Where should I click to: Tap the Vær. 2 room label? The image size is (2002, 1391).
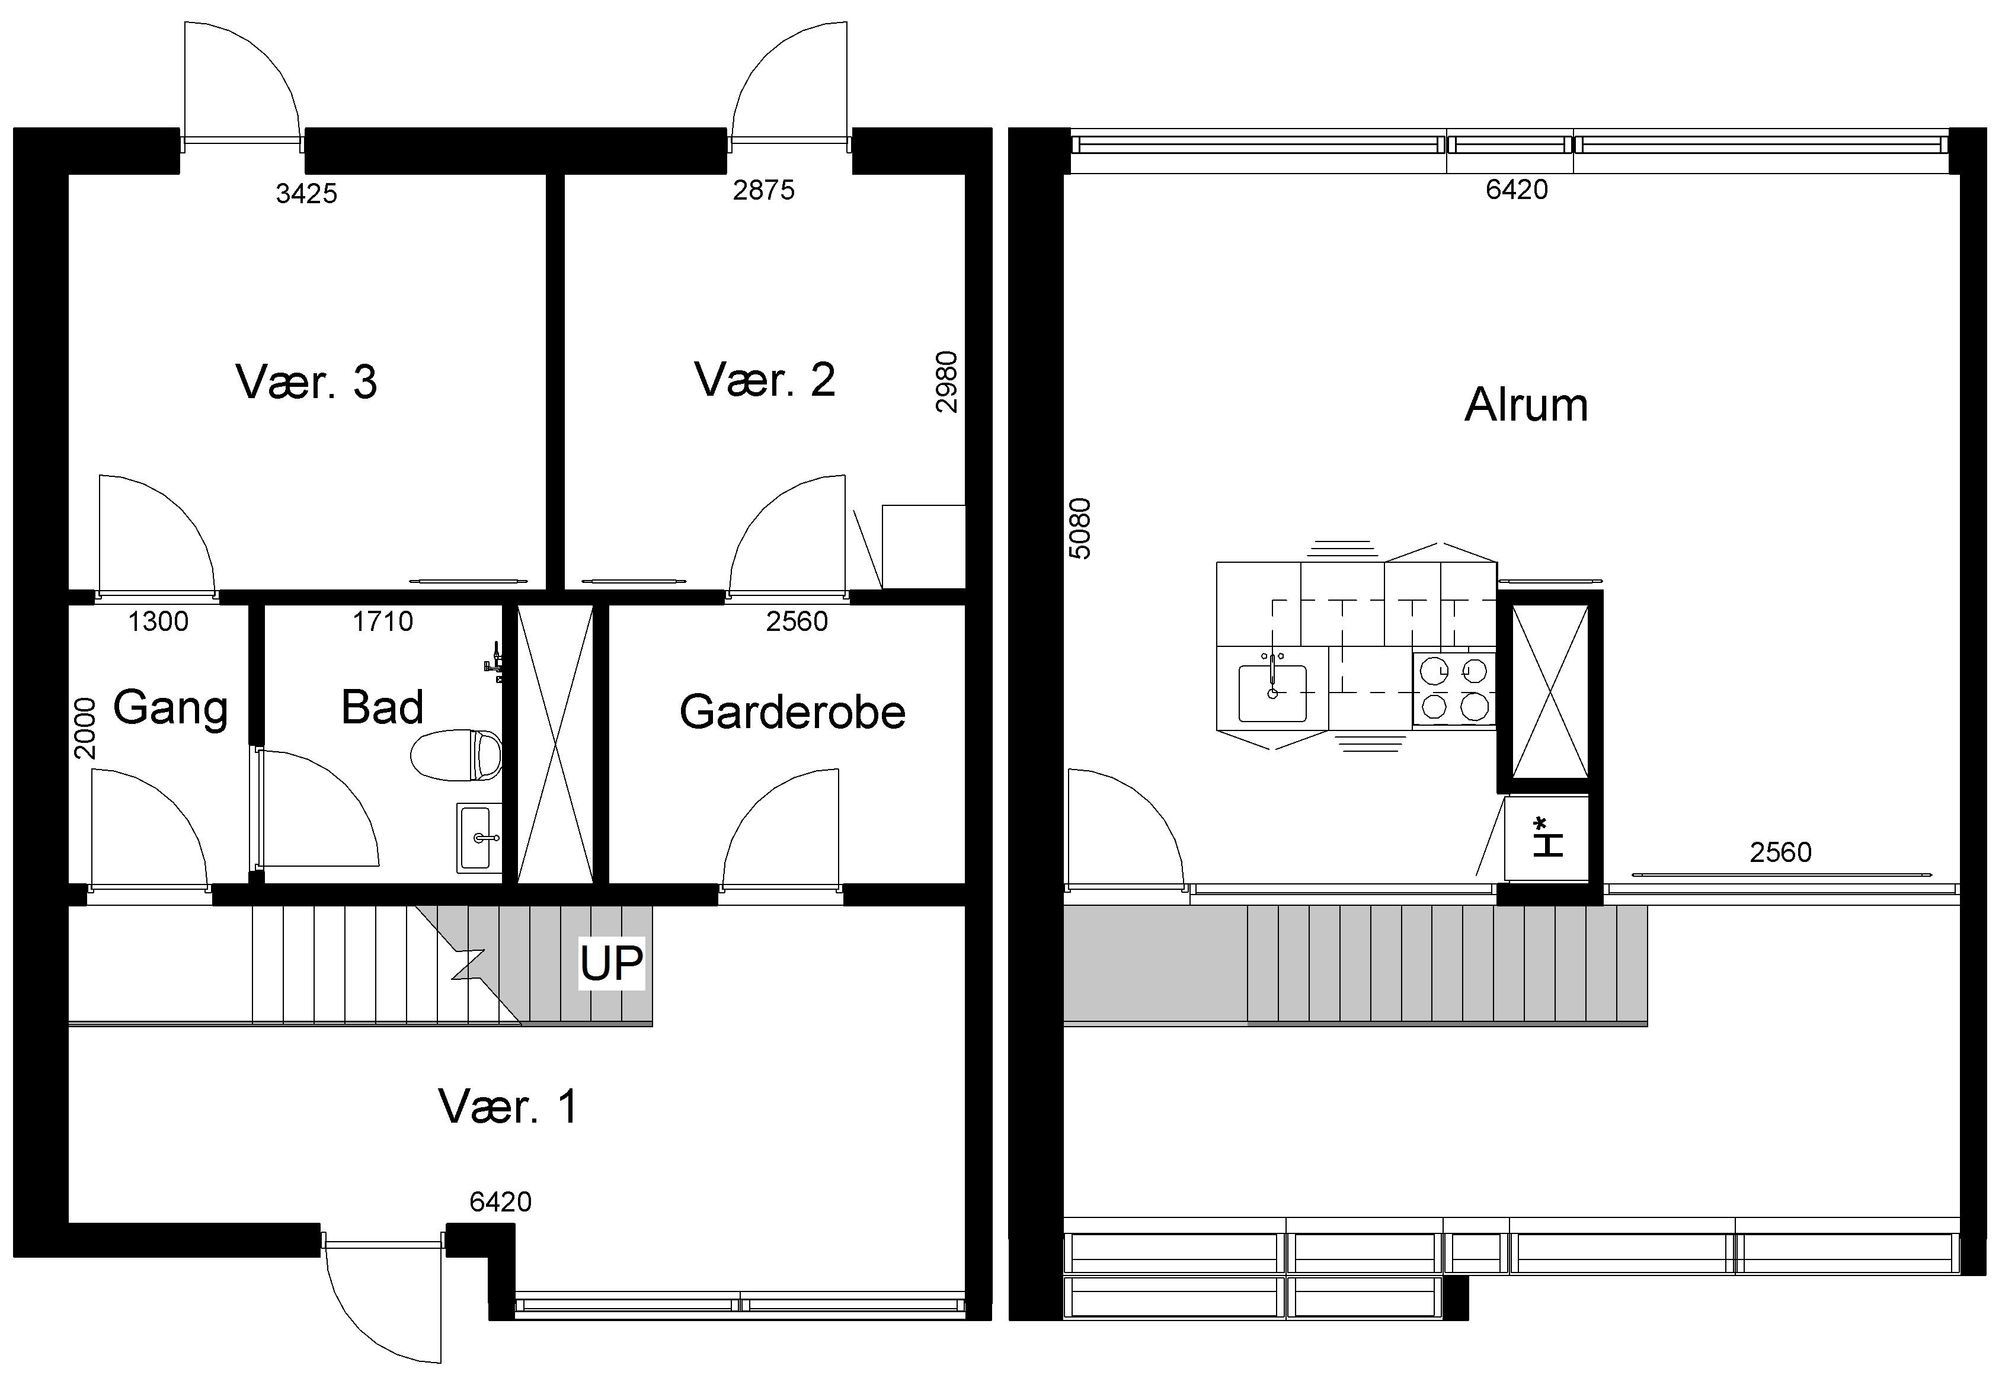pyautogui.click(x=765, y=379)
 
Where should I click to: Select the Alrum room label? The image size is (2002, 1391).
pyautogui.click(x=1526, y=405)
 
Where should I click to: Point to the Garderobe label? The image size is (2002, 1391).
pyautogui.click(x=792, y=712)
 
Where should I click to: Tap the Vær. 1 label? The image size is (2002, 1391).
pyautogui.click(x=507, y=1107)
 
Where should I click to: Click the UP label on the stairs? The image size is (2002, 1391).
pyautogui.click(x=611, y=963)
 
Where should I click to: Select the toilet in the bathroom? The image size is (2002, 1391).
pyautogui.click(x=456, y=755)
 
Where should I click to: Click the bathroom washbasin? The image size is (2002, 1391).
pyautogui.click(x=479, y=838)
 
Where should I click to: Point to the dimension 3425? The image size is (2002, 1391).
pyautogui.click(x=306, y=194)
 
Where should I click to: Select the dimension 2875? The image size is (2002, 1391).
pyautogui.click(x=764, y=190)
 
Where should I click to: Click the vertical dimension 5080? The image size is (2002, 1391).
pyautogui.click(x=1079, y=528)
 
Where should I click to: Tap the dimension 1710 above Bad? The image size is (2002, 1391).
pyautogui.click(x=383, y=621)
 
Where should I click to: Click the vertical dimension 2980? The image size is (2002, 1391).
pyautogui.click(x=946, y=382)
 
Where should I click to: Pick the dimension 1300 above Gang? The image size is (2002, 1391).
pyautogui.click(x=158, y=621)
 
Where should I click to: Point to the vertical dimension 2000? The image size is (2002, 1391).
pyautogui.click(x=85, y=729)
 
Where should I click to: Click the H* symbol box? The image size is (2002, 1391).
pyautogui.click(x=1547, y=836)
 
